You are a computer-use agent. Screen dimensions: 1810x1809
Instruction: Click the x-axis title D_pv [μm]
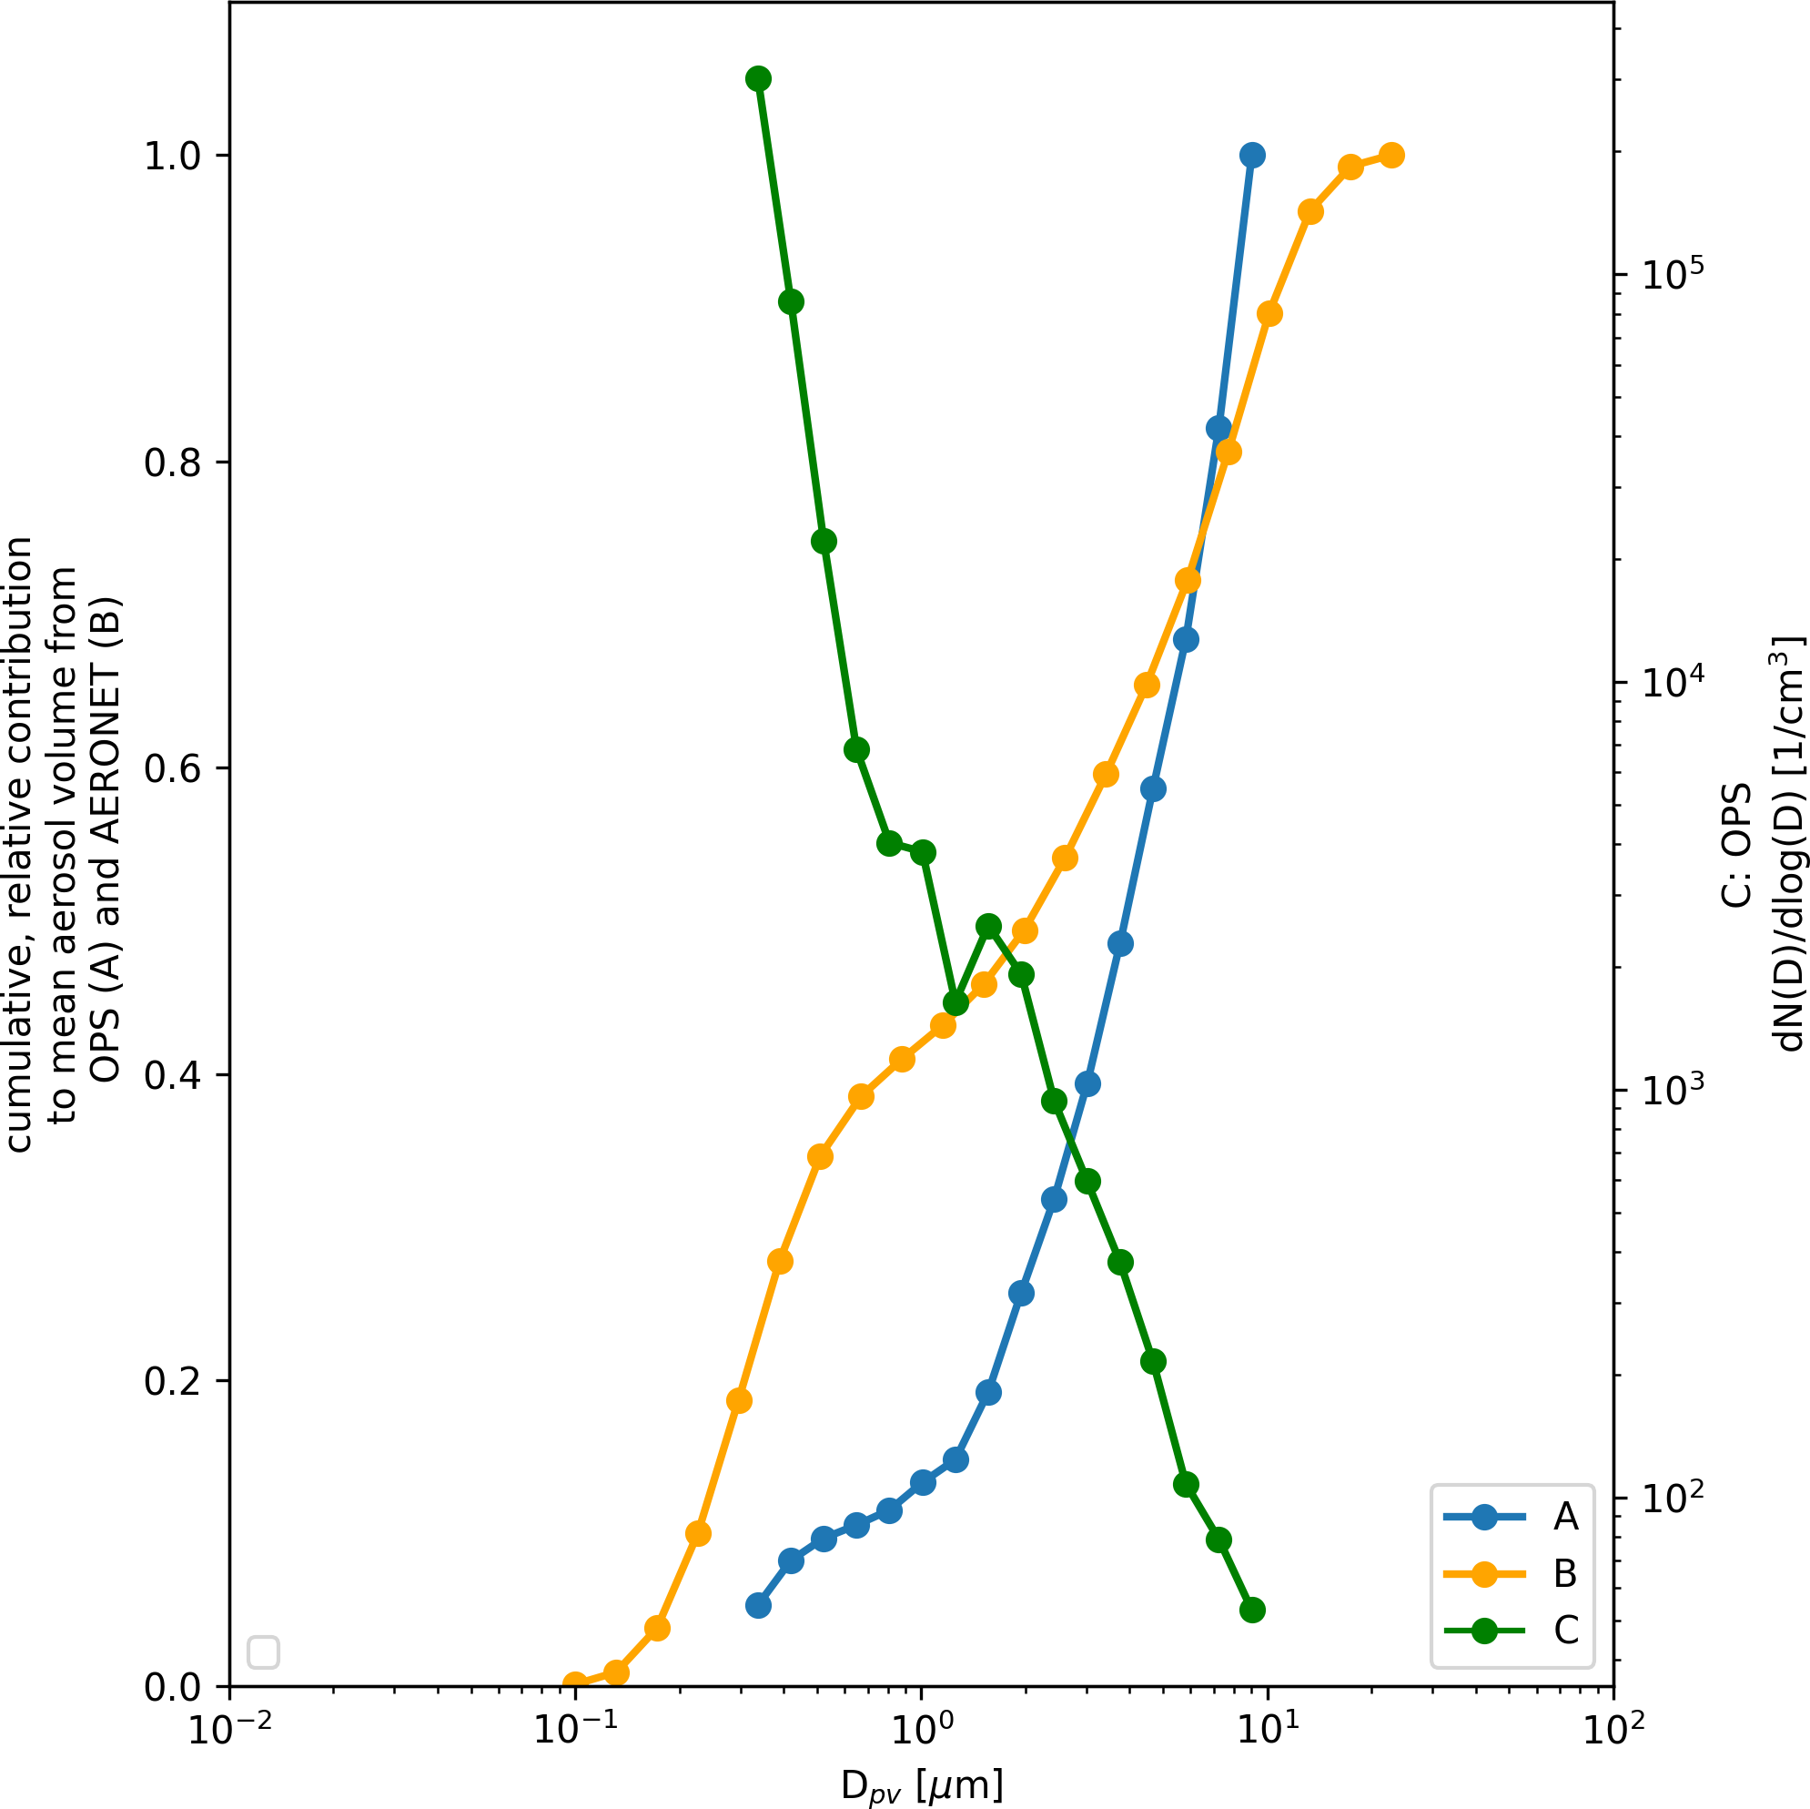tap(922, 1784)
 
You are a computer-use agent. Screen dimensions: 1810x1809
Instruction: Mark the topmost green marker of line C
tap(759, 78)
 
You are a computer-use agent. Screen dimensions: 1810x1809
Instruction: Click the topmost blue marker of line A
tap(1252, 156)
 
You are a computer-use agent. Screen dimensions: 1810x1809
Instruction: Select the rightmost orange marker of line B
tap(1392, 156)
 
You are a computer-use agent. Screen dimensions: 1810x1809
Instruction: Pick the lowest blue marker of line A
tap(759, 1606)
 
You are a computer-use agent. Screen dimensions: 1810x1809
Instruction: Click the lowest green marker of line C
tap(1252, 1611)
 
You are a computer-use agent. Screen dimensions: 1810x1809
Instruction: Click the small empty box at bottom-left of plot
tap(263, 1652)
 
